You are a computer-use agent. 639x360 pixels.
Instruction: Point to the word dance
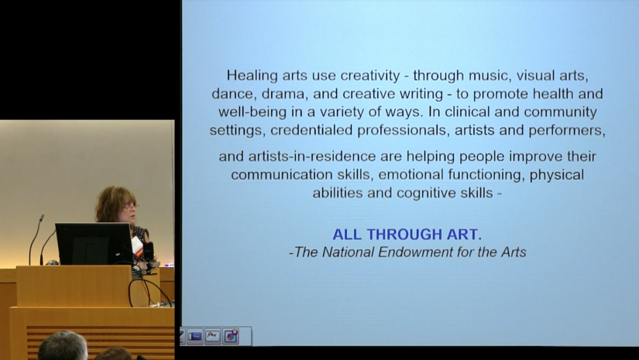230,94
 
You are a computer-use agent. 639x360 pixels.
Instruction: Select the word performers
567,131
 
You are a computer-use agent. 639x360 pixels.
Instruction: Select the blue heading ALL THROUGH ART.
407,234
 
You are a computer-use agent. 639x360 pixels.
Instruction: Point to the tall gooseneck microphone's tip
41,218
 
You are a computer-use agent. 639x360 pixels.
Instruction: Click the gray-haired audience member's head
63,346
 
